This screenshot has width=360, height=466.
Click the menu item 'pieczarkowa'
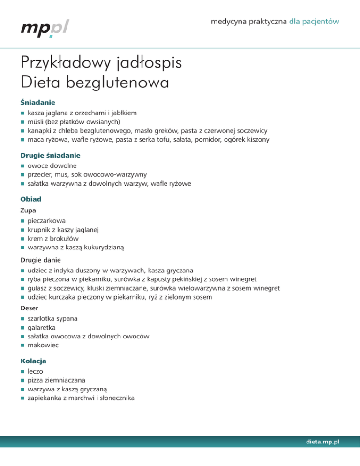pos(46,221)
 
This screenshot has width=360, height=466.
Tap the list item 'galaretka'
pos(43,327)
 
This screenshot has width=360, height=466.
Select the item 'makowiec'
pos(43,345)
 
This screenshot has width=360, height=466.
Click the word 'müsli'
pos(35,121)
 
